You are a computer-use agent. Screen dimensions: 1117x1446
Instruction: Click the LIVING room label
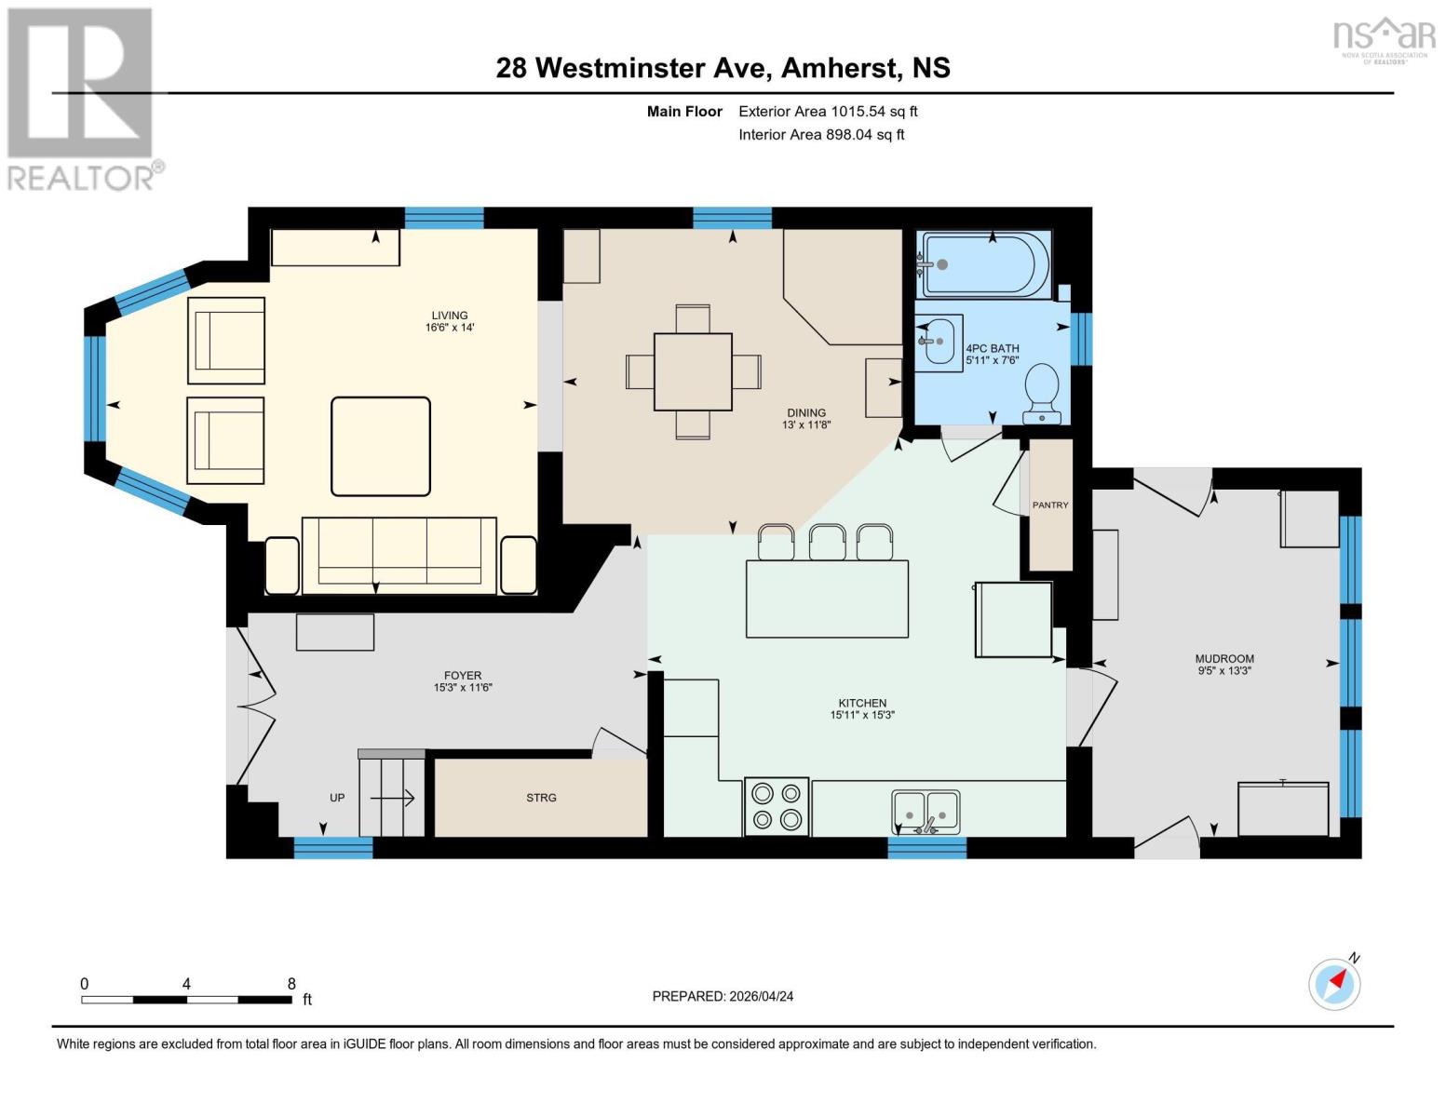pyautogui.click(x=449, y=315)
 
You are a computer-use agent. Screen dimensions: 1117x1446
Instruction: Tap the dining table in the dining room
pyautogui.click(x=693, y=371)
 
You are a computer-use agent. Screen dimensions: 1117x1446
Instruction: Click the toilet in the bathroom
pyautogui.click(x=1042, y=392)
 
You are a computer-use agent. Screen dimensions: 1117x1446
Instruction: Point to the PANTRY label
pyautogui.click(x=1050, y=505)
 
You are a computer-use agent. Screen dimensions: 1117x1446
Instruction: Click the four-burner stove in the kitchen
pyautogui.click(x=777, y=806)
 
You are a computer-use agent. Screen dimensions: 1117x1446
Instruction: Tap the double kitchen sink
pyautogui.click(x=926, y=812)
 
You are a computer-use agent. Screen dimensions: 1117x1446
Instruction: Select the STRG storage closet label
pyautogui.click(x=541, y=798)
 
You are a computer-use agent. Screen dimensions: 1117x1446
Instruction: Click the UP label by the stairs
pyautogui.click(x=337, y=798)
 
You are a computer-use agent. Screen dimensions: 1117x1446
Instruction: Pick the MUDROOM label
pyautogui.click(x=1224, y=658)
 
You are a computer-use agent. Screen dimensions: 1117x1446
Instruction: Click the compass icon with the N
pyautogui.click(x=1335, y=984)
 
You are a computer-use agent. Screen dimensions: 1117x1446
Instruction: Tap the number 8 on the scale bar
pyautogui.click(x=291, y=984)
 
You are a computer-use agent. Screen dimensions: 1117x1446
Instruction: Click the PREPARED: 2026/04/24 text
pyautogui.click(x=723, y=996)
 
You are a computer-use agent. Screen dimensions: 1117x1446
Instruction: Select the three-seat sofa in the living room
pyautogui.click(x=399, y=555)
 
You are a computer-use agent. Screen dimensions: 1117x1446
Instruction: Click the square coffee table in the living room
pyautogui.click(x=381, y=446)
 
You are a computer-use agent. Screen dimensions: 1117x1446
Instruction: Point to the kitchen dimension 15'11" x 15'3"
pyautogui.click(x=862, y=715)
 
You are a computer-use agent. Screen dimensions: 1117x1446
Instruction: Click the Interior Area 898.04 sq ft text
pyautogui.click(x=821, y=134)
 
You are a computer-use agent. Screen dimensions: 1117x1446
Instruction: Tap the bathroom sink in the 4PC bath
pyautogui.click(x=938, y=341)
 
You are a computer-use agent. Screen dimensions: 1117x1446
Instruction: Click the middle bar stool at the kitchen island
pyautogui.click(x=827, y=543)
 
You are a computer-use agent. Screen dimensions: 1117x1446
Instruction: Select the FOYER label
pyautogui.click(x=463, y=676)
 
